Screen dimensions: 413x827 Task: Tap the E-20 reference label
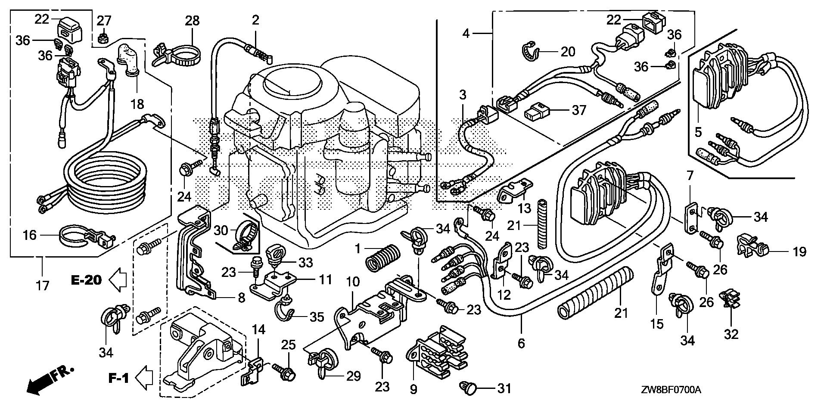(x=86, y=280)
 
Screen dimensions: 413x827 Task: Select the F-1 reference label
(x=118, y=379)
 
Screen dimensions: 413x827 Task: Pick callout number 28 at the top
(x=193, y=20)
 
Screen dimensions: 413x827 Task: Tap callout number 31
(x=504, y=388)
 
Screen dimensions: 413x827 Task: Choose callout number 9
(x=413, y=390)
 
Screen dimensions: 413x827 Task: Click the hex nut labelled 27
(x=103, y=38)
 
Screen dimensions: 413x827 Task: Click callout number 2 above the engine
(x=255, y=20)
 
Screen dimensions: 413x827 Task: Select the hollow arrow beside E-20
(x=118, y=281)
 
